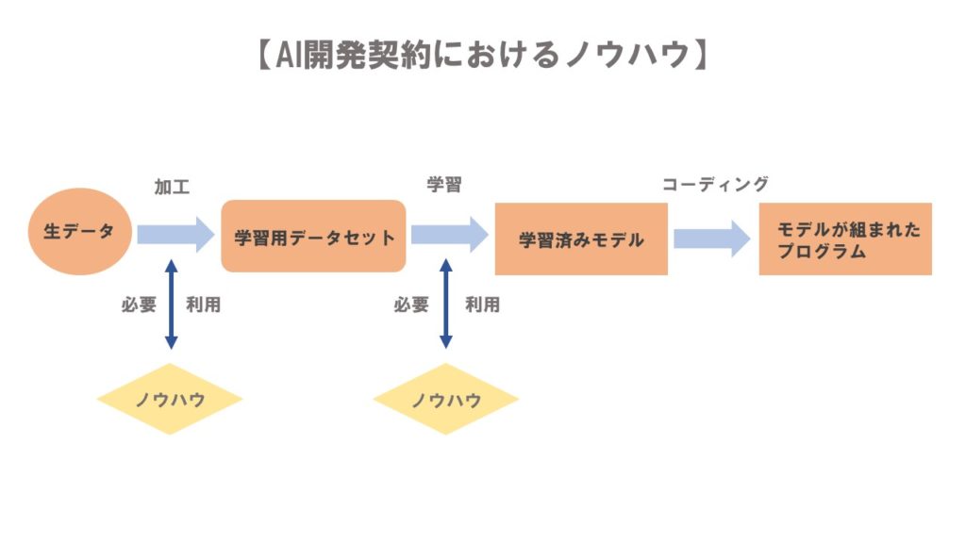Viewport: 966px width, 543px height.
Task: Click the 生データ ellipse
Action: click(78, 232)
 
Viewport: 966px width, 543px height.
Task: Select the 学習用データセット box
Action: click(313, 237)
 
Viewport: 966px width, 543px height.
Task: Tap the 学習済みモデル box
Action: click(581, 239)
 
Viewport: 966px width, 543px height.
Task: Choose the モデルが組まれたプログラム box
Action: click(845, 239)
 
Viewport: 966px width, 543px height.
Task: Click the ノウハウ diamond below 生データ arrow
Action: click(170, 399)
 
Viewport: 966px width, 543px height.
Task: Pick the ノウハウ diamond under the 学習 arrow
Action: click(445, 399)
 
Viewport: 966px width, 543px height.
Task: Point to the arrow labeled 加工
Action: click(175, 234)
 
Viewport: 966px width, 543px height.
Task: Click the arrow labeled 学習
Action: click(449, 234)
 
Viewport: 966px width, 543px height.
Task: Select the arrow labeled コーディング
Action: click(712, 239)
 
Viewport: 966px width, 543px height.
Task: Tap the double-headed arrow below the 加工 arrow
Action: click(171, 304)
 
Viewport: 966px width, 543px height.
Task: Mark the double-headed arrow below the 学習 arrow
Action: click(446, 304)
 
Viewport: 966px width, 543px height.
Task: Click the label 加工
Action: click(172, 187)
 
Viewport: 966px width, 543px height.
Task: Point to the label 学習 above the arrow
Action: click(444, 185)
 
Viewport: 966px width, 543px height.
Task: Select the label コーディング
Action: click(715, 185)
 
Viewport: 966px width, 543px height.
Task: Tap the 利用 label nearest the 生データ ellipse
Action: click(204, 305)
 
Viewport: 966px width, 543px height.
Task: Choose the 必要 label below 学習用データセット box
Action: click(411, 305)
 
